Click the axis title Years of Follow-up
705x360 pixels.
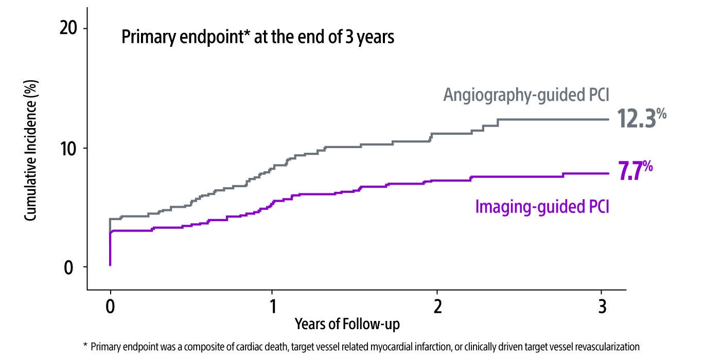click(347, 325)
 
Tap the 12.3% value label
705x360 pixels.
click(641, 119)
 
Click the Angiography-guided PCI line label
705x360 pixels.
click(526, 96)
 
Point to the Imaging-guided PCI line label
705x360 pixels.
click(542, 207)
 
